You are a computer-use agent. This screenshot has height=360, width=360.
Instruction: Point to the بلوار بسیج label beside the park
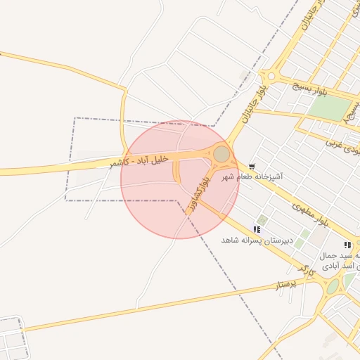tap(309, 89)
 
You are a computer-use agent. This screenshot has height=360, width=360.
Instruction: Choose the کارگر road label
tap(303, 270)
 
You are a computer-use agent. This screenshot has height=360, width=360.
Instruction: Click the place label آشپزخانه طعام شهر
tap(252, 177)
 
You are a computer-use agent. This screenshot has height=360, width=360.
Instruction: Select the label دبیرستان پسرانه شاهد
tap(256, 240)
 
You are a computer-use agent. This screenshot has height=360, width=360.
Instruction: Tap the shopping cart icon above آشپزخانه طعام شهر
tap(252, 166)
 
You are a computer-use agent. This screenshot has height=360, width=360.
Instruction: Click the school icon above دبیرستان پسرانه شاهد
tap(257, 229)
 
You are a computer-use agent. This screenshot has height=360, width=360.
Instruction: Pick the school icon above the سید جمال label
tap(347, 244)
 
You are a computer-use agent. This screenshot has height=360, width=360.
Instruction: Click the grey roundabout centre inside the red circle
tap(221, 153)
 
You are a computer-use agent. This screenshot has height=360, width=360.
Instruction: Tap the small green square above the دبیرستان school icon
tap(263, 220)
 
